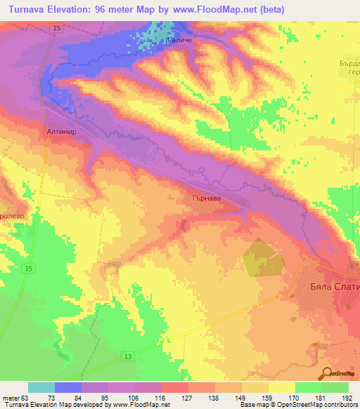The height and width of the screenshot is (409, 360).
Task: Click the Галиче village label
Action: [x=179, y=41]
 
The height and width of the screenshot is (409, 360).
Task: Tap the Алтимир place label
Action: [x=53, y=131]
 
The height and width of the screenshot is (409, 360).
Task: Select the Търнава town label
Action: [x=207, y=199]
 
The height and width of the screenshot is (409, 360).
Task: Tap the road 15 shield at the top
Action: [x=56, y=27]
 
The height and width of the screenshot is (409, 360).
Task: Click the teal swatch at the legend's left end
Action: [x=41, y=387]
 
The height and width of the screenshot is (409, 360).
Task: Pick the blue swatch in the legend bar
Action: [x=68, y=387]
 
